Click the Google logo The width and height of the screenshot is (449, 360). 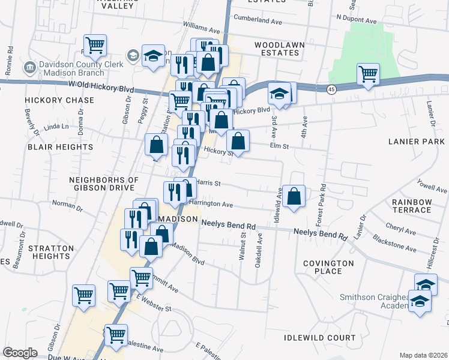pyautogui.click(x=20, y=353)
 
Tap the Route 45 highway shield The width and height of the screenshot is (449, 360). pyautogui.click(x=331, y=89)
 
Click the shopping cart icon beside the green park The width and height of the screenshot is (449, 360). pyautogui.click(x=368, y=74)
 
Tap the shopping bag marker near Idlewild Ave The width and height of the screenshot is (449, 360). pyautogui.click(x=294, y=196)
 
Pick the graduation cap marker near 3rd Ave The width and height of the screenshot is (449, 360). pyautogui.click(x=279, y=94)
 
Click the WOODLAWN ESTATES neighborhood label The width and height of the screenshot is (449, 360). pyautogui.click(x=279, y=49)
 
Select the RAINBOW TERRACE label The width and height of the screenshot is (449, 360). pyautogui.click(x=411, y=206)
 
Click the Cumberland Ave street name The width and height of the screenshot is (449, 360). pyautogui.click(x=258, y=21)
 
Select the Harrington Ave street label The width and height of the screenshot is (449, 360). pyautogui.click(x=211, y=204)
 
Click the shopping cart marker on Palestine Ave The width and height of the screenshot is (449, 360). pyautogui.click(x=115, y=335)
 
